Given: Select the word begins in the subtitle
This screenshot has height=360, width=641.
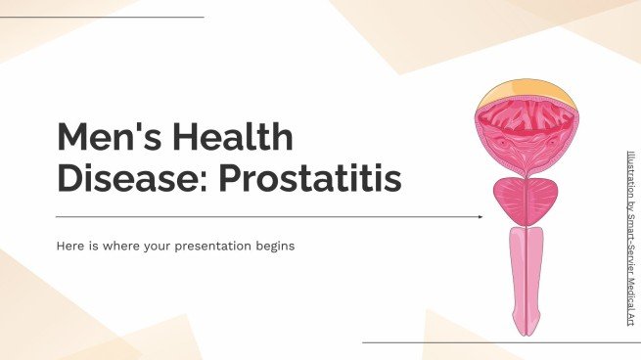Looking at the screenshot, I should tap(272, 247).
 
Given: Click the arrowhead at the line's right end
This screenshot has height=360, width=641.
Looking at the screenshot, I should tap(479, 216).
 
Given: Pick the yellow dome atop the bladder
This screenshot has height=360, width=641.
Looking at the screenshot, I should tap(527, 95).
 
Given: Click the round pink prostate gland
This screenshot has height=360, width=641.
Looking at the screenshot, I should tap(527, 200).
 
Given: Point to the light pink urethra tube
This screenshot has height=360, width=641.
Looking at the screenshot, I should tap(527, 274).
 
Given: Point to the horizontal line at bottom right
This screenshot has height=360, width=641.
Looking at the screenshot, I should tap(499, 342).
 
